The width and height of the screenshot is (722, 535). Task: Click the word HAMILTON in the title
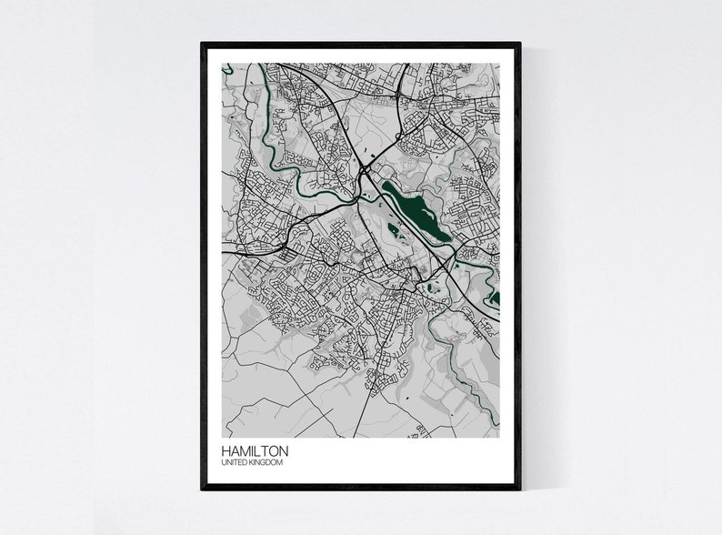255,451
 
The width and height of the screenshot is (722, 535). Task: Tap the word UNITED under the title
233,463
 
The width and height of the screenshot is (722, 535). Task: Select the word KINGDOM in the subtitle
266,463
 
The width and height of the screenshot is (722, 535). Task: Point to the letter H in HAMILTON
226,451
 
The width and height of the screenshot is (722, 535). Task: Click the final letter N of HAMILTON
284,451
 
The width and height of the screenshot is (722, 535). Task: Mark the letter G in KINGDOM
265,463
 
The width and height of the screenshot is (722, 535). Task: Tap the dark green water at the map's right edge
495,298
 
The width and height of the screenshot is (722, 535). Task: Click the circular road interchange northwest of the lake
366,169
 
